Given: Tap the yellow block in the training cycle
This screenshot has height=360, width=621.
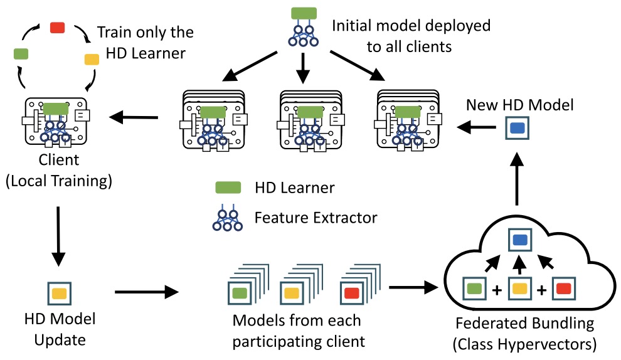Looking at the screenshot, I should (x=92, y=60).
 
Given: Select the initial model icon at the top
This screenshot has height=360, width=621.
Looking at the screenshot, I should (x=304, y=28).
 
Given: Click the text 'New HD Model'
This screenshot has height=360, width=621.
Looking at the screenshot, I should (x=519, y=105).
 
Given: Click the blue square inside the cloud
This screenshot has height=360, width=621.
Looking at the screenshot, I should (x=519, y=240).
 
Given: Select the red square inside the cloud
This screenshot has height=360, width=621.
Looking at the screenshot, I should (x=563, y=289).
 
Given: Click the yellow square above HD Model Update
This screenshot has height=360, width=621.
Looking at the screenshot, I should (x=59, y=292).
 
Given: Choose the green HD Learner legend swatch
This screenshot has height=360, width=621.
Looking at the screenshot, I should (x=229, y=187).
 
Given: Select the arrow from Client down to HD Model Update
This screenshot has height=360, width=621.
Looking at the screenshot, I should (x=58, y=232).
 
